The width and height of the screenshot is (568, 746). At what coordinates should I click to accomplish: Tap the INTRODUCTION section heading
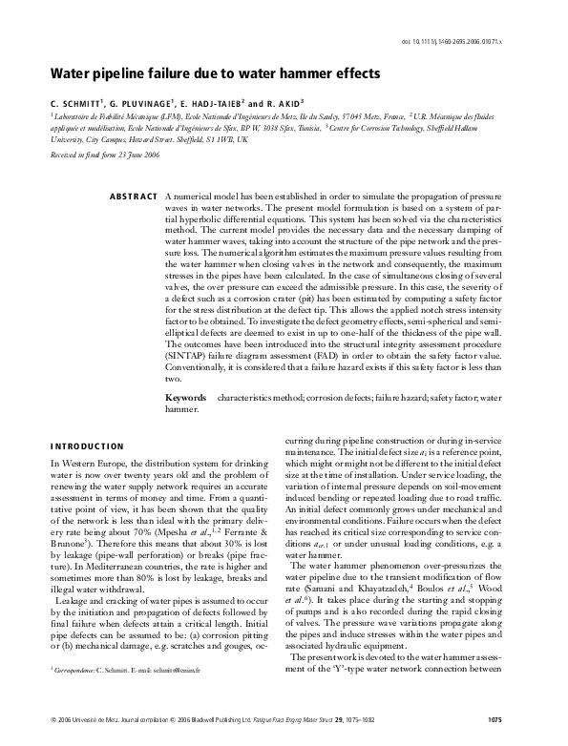[x=87, y=446]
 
